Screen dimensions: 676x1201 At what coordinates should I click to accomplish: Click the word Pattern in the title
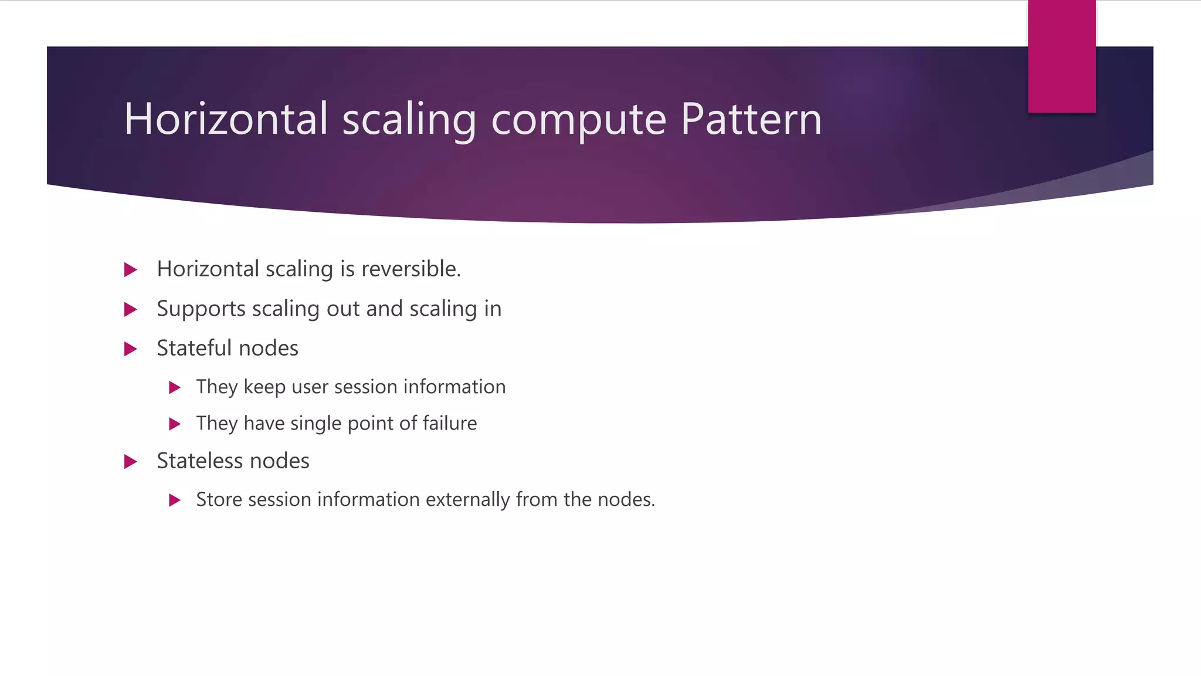tap(751, 119)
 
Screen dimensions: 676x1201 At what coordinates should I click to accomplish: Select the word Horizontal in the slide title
tap(225, 119)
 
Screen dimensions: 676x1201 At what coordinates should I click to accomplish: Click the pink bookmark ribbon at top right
tap(1061, 56)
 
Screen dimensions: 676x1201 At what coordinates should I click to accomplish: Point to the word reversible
tap(410, 269)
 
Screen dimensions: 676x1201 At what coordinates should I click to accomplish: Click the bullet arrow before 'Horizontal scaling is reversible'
tap(131, 270)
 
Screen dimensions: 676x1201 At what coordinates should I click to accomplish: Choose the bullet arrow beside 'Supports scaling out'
tap(131, 309)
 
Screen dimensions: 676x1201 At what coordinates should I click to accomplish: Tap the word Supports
tap(201, 309)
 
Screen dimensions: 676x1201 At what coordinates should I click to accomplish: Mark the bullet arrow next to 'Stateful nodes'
tap(131, 349)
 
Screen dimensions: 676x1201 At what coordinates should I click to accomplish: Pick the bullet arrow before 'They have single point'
tap(174, 424)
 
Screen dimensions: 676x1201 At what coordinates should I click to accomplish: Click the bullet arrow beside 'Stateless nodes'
tap(131, 462)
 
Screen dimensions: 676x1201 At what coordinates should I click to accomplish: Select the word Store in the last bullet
tap(219, 499)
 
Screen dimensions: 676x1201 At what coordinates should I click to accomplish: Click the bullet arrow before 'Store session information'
tap(174, 501)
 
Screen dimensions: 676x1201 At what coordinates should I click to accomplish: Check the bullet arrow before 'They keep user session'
tap(174, 387)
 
